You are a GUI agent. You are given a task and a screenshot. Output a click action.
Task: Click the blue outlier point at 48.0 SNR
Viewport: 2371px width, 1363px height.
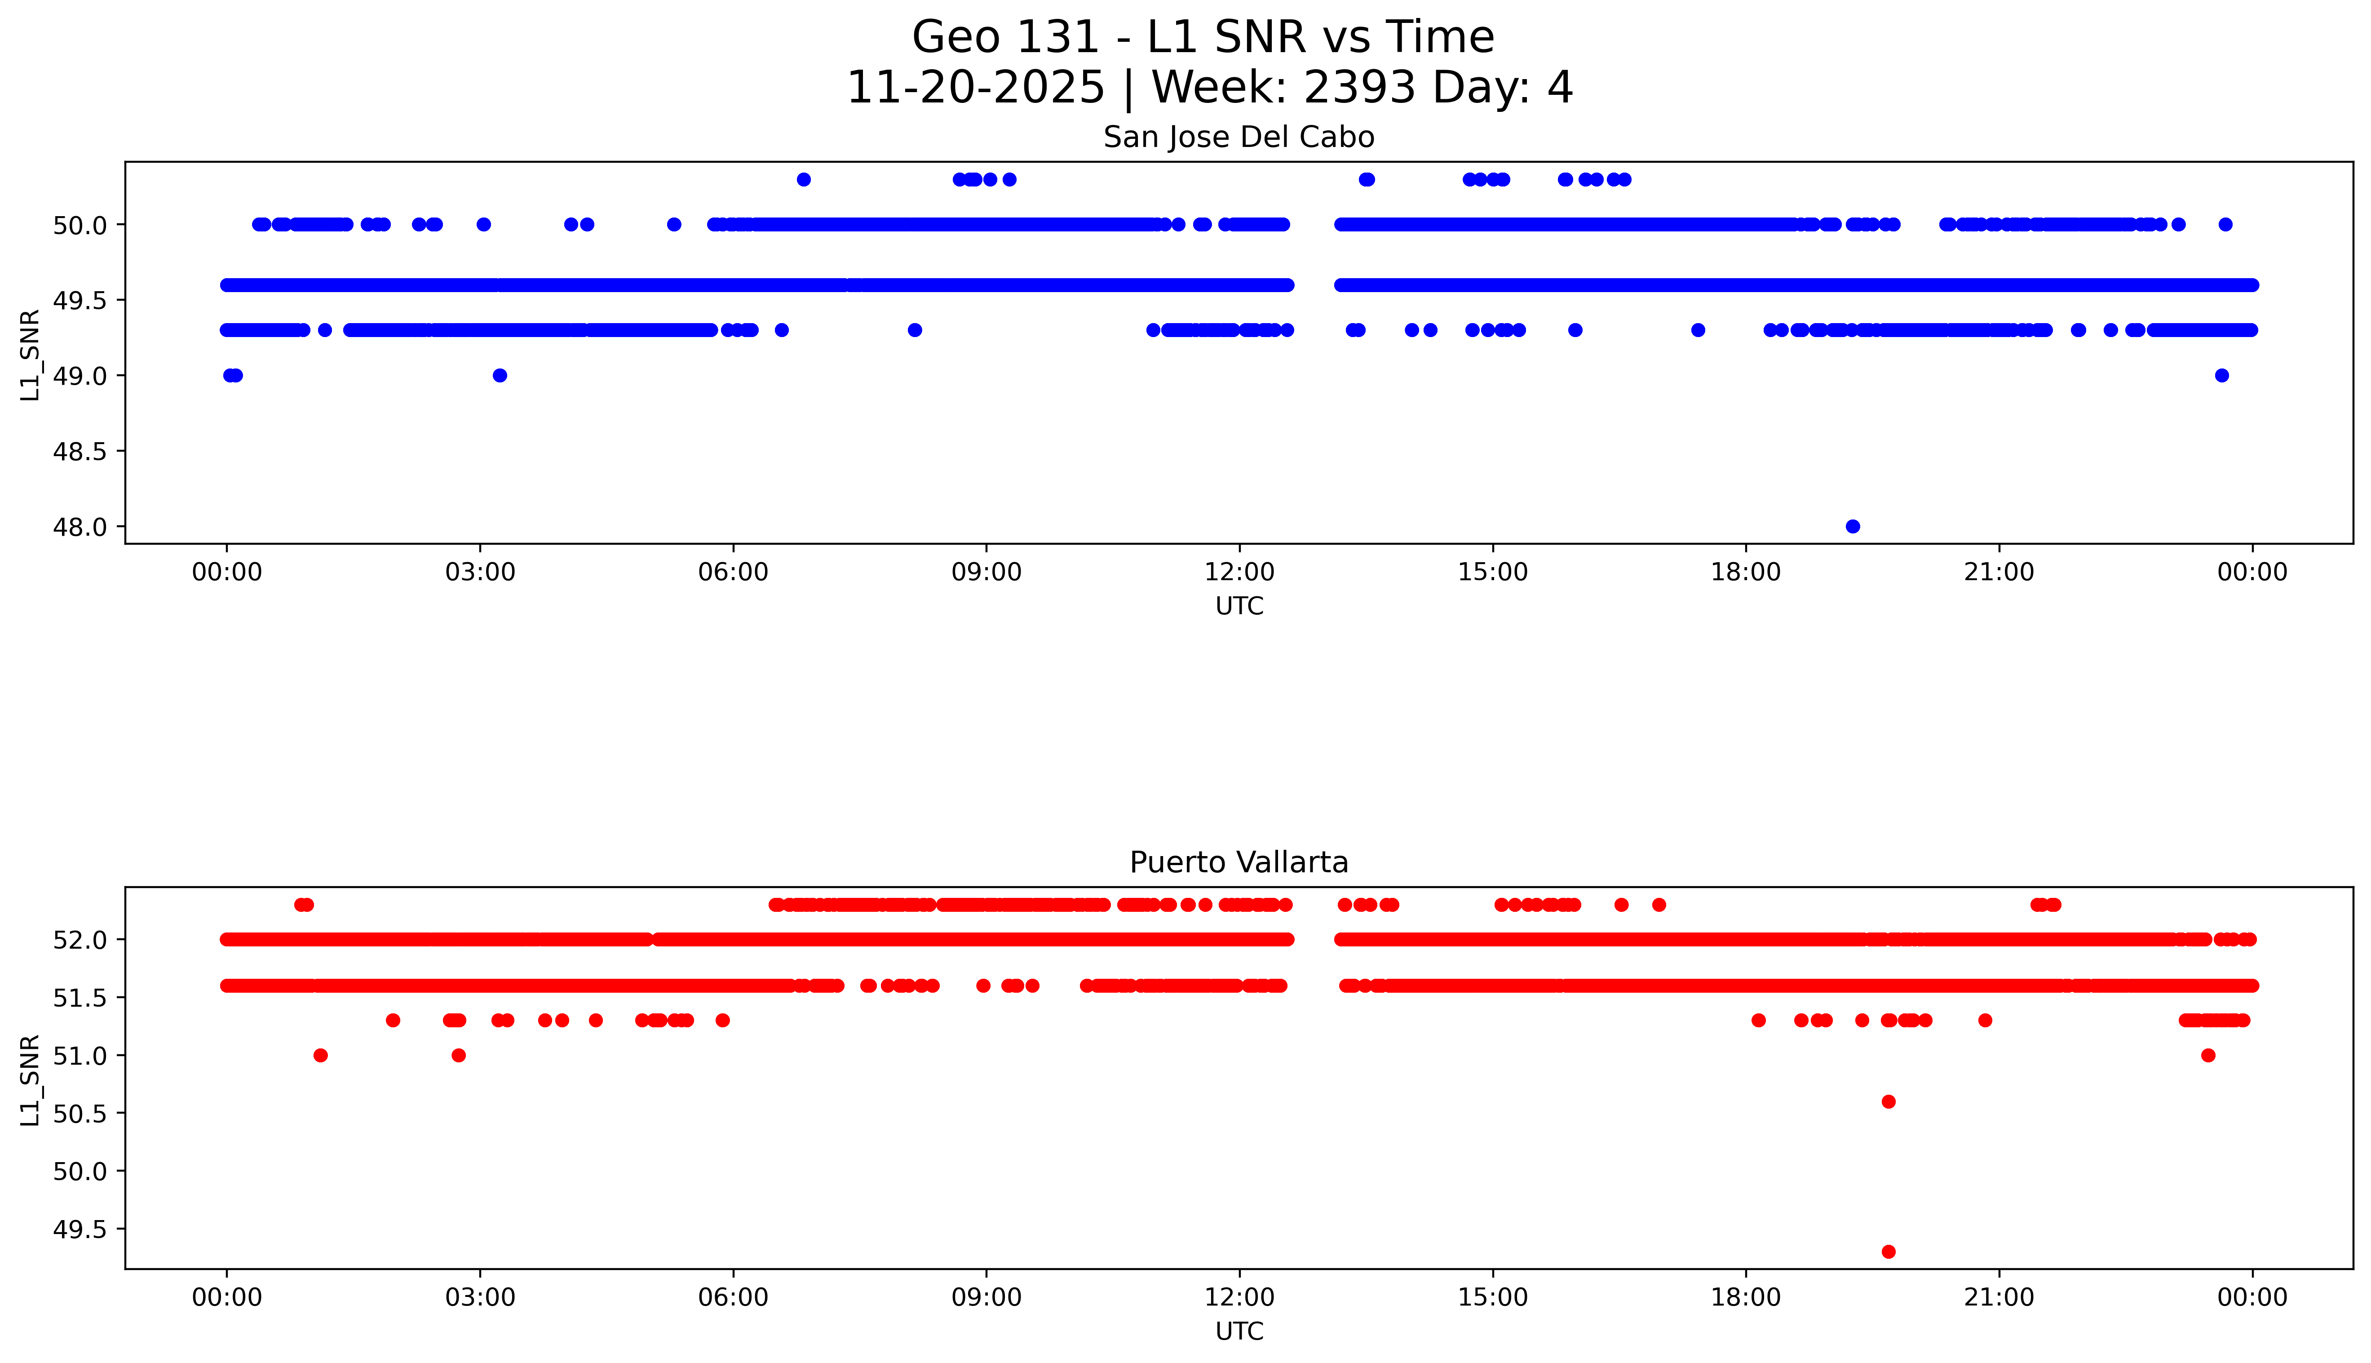pyautogui.click(x=1852, y=526)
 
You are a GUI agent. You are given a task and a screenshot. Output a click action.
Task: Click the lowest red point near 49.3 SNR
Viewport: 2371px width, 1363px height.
pyautogui.click(x=1888, y=1252)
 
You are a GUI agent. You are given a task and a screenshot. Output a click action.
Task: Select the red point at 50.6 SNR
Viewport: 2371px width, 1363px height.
pyautogui.click(x=1888, y=1102)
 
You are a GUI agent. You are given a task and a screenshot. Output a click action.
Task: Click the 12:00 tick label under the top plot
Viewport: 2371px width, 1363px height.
pyautogui.click(x=1239, y=572)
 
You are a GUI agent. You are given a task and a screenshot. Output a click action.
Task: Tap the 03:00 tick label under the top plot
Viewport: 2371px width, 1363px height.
pyautogui.click(x=480, y=572)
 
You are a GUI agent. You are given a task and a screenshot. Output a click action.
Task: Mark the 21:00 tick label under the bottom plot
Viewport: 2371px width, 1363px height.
pyautogui.click(x=1999, y=1297)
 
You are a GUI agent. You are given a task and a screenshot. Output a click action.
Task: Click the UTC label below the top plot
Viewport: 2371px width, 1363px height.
pyautogui.click(x=1239, y=607)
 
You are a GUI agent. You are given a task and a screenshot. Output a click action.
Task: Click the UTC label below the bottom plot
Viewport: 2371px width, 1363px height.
pyautogui.click(x=1239, y=1331)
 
